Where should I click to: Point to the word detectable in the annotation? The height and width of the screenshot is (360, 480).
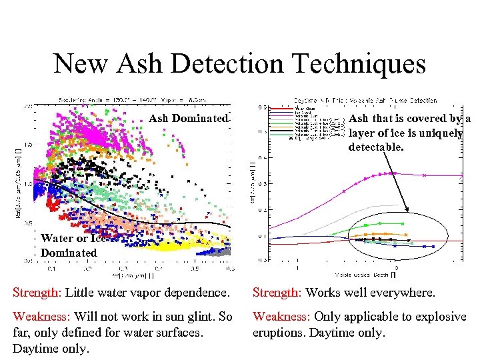pyautogui.click(x=376, y=145)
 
